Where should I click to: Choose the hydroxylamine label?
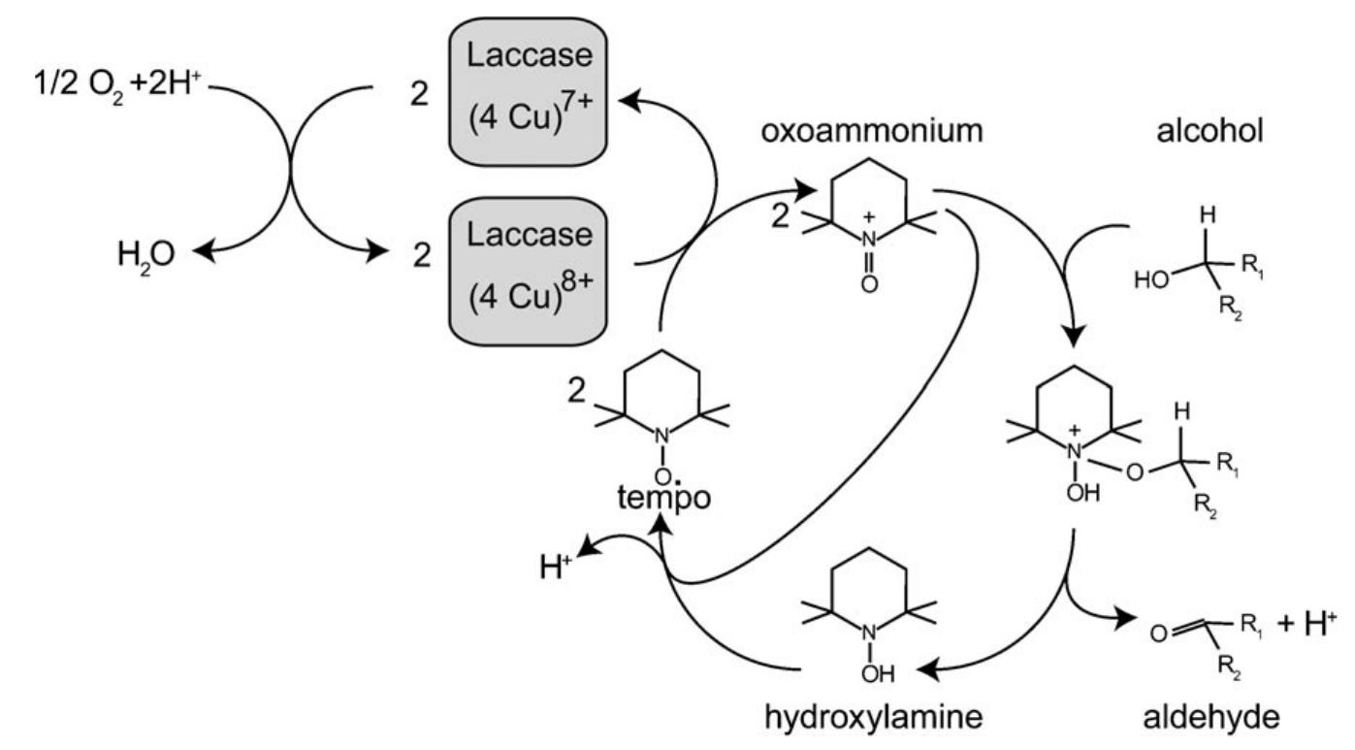click(x=866, y=717)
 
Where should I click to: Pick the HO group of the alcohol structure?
click(x=1150, y=280)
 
